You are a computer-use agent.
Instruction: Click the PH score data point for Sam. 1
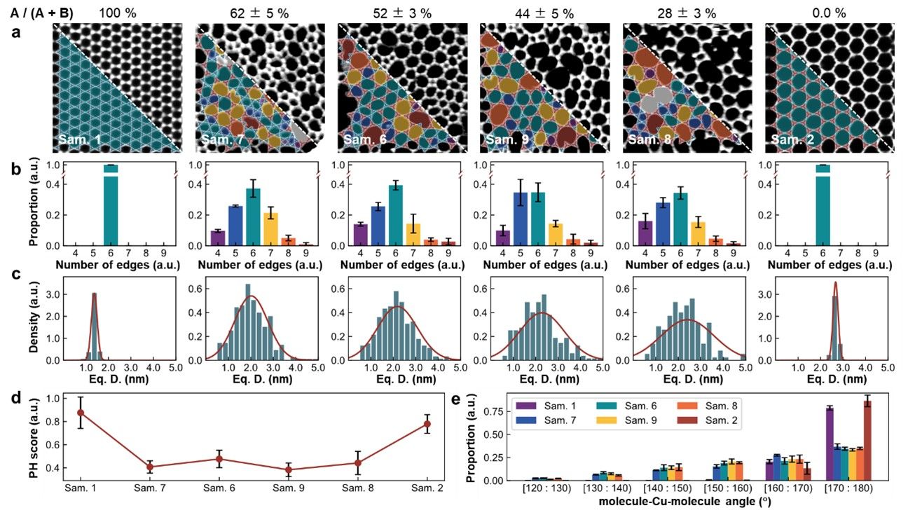click(81, 413)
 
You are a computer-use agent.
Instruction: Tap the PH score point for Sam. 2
click(424, 423)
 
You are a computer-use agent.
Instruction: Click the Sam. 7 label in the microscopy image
click(219, 140)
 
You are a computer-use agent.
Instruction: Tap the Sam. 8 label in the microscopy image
click(647, 140)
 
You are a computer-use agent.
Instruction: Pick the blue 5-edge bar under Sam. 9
click(521, 219)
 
